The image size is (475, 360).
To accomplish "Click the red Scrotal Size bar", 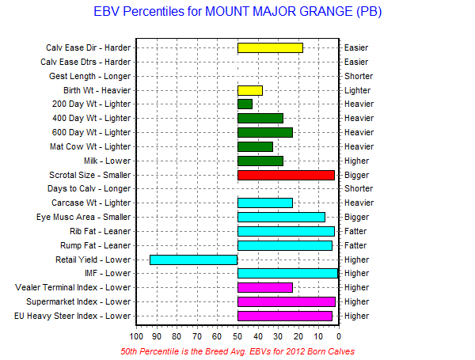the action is (x=286, y=176).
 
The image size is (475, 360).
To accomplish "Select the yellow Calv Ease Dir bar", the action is (x=270, y=47).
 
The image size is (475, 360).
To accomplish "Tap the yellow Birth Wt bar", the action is (x=250, y=90).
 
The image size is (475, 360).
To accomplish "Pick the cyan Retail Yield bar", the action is (x=194, y=260).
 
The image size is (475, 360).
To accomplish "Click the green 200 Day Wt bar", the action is (x=245, y=104).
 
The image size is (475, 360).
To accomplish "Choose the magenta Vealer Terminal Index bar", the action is (x=265, y=287).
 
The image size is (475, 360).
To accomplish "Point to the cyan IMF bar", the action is (x=287, y=273).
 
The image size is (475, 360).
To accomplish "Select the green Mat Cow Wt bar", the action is (x=255, y=147).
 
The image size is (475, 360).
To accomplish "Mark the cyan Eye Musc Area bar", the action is (x=281, y=217).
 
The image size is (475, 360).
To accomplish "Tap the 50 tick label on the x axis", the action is (x=237, y=336).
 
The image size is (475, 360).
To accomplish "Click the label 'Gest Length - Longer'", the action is (x=90, y=76).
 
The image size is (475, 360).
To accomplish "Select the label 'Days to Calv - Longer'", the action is (x=89, y=188).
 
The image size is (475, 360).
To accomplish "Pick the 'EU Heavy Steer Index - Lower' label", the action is (x=72, y=316).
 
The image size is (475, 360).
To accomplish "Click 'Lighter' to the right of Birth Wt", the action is (x=358, y=90).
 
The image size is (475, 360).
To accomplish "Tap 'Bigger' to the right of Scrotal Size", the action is (x=356, y=176).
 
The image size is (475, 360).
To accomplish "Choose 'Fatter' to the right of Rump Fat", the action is (x=355, y=245).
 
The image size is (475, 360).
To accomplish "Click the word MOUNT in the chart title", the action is (x=227, y=12).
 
